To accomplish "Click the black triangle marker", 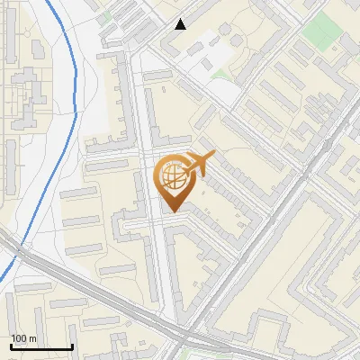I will pos(181,24).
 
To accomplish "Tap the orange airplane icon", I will pos(199,165).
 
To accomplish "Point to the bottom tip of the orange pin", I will pos(172,211).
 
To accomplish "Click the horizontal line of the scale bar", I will pos(41,346).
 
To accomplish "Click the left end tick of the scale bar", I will pos(12,346).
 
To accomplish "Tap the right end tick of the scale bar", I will pos(72,346).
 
